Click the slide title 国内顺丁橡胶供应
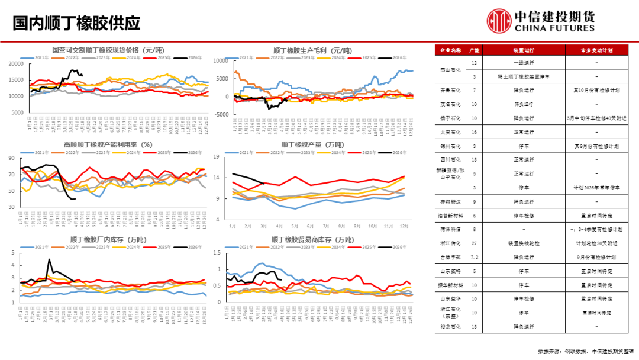76,22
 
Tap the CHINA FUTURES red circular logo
499,21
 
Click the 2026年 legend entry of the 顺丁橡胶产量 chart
396,152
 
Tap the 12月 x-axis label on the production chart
405,226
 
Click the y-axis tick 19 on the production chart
217,157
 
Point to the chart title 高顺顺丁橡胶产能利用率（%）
108,144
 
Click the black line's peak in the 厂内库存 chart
49,260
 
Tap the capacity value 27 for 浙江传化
474,243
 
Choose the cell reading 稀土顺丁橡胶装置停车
523,76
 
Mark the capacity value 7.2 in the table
474,257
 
